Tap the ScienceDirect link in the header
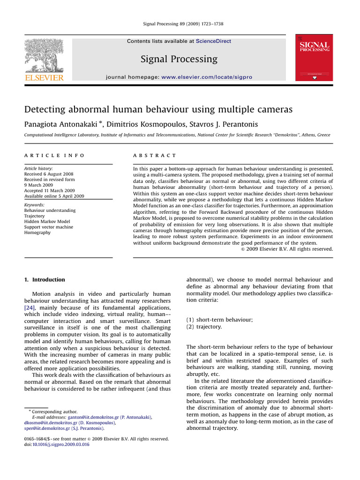point(213,41)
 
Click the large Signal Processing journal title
point(179,59)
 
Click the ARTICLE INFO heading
point(54,155)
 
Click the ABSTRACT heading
point(155,155)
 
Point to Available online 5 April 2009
point(54,196)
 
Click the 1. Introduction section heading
point(45,280)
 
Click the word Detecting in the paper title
point(46,110)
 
